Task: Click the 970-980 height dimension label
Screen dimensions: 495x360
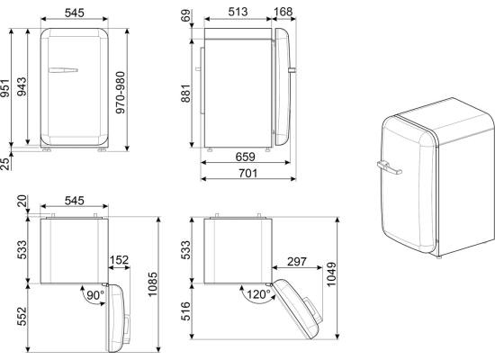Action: [121, 92]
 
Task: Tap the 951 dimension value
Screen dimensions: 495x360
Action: [5, 88]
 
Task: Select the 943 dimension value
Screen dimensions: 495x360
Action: [22, 86]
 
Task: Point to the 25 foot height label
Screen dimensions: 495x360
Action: [4, 164]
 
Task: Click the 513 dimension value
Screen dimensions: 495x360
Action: [238, 12]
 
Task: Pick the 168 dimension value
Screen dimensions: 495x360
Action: [283, 12]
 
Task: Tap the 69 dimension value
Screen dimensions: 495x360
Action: [186, 15]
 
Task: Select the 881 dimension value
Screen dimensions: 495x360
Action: [186, 94]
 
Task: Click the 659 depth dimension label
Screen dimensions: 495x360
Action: [246, 157]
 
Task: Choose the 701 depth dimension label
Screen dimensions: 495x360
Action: [247, 173]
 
